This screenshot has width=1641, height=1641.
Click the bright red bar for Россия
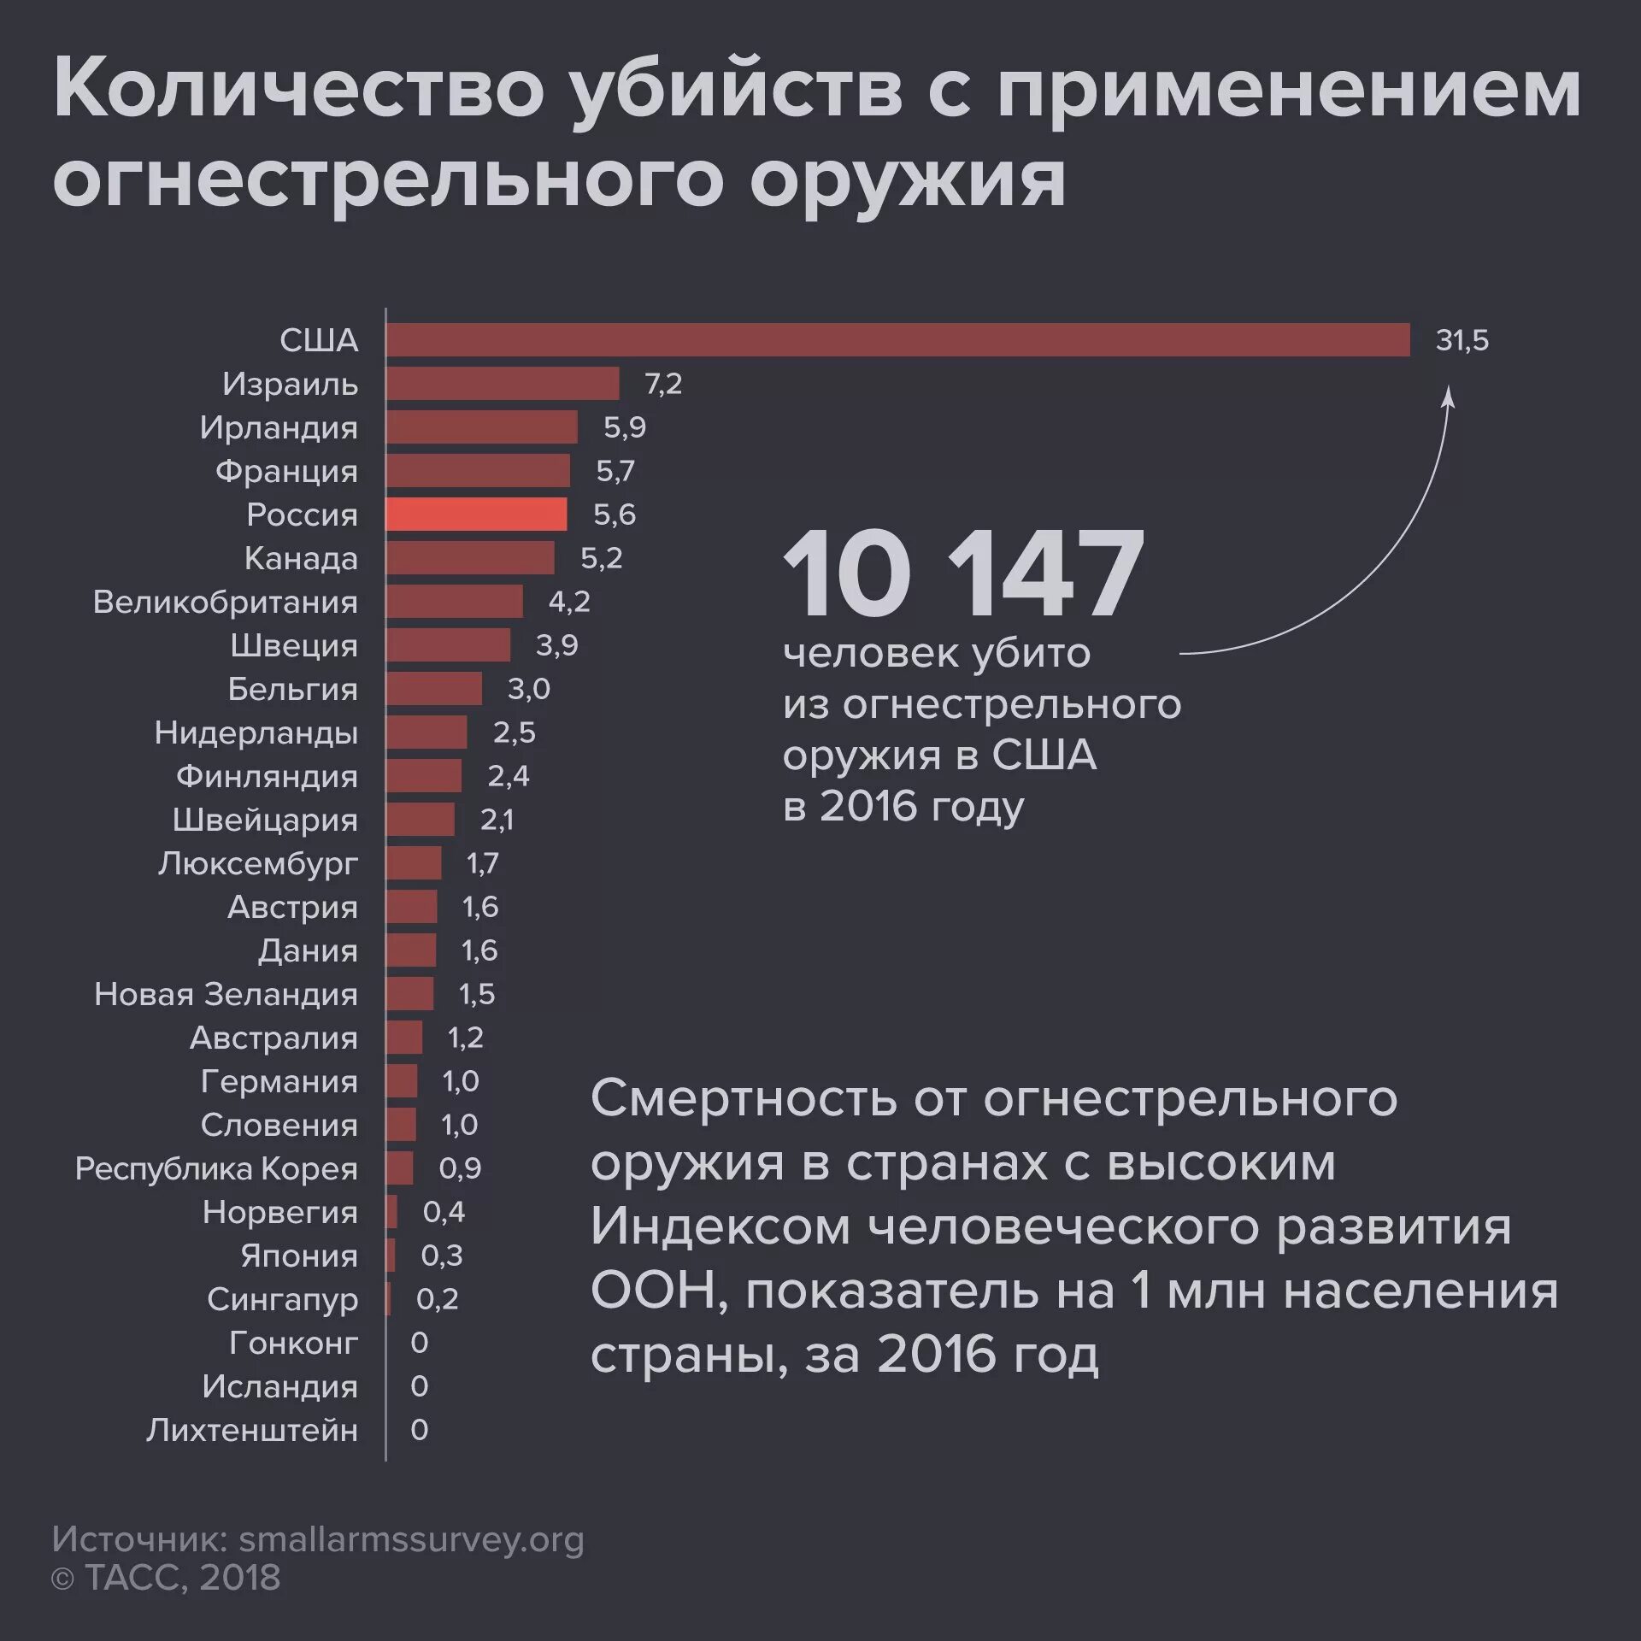pyautogui.click(x=476, y=515)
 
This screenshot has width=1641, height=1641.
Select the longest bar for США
pyautogui.click(x=897, y=340)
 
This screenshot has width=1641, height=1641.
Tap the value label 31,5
pyautogui.click(x=1462, y=340)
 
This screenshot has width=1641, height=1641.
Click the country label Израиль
pyautogui.click(x=290, y=384)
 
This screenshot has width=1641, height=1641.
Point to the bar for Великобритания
pyautogui.click(x=454, y=602)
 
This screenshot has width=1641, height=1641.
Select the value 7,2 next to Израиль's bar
pyautogui.click(x=662, y=384)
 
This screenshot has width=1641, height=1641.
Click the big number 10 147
pyautogui.click(x=962, y=574)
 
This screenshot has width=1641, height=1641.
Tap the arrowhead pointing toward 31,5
pyautogui.click(x=1448, y=397)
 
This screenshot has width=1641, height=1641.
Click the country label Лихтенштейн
pyautogui.click(x=251, y=1430)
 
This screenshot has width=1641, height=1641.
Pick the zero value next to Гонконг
pyautogui.click(x=419, y=1343)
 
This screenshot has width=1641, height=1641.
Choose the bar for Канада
pyautogui.click(x=469, y=558)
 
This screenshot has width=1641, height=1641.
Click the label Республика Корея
pyautogui.click(x=216, y=1168)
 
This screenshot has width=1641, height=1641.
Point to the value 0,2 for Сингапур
pyautogui.click(x=437, y=1299)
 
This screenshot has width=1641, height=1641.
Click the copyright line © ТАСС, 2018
pyautogui.click(x=166, y=1578)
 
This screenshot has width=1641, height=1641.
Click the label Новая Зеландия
pyautogui.click(x=226, y=994)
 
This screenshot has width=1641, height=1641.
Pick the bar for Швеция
pyautogui.click(x=448, y=645)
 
